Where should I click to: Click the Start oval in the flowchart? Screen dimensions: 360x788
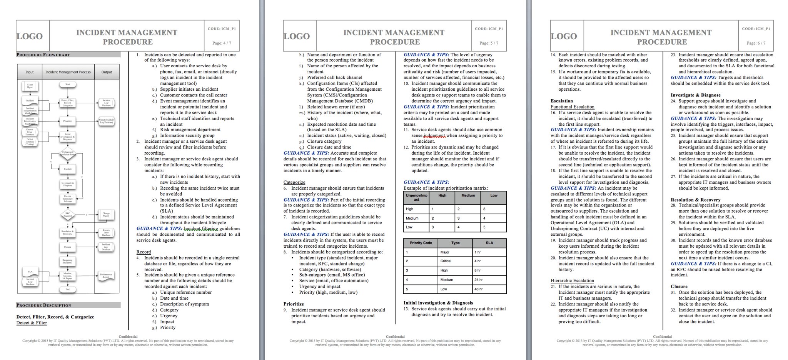tap(67, 84)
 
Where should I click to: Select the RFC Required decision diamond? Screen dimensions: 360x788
tap(67, 215)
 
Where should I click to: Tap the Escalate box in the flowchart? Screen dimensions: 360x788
tap(68, 169)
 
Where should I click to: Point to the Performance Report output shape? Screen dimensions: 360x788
tap(106, 275)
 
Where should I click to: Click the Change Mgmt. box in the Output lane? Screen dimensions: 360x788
tap(106, 215)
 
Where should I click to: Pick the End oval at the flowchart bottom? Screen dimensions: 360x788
tap(67, 289)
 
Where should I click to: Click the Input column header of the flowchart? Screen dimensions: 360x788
tap(30, 72)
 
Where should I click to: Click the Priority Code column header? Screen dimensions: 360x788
tap(421, 243)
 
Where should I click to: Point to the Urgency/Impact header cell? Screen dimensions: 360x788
tap(416, 197)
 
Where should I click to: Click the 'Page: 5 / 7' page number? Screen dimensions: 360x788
tap(489, 43)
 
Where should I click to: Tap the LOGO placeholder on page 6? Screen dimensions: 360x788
tap(564, 37)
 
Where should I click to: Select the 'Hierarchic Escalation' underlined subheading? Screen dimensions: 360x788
tap(572, 281)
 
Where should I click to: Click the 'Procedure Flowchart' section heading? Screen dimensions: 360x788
tap(43, 55)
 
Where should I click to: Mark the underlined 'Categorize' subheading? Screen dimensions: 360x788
tap(294, 182)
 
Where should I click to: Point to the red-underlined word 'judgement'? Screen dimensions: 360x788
tap(434, 136)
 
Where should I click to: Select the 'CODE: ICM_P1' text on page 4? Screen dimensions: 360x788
tap(222, 29)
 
